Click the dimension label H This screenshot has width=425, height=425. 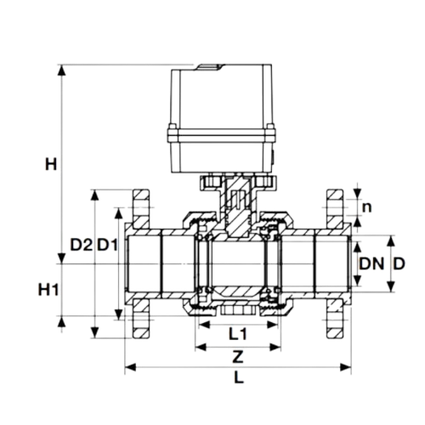tap(51, 164)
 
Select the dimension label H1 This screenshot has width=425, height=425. tap(48, 290)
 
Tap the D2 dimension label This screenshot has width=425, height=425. tap(82, 245)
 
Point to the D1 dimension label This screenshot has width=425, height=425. tap(107, 245)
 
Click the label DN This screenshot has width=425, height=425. tap(371, 263)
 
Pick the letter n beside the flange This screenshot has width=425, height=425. tap(366, 207)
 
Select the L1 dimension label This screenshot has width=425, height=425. tap(238, 334)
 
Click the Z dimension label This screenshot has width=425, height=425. tap(238, 356)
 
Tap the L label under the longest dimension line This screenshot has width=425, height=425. tap(239, 377)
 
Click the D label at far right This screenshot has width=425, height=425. tap(399, 263)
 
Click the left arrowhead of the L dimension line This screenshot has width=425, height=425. tap(130, 367)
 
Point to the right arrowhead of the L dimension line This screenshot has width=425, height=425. tap(346, 367)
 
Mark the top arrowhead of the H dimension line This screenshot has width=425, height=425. tap(61, 71)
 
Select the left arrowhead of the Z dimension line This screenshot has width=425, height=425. tap(201, 347)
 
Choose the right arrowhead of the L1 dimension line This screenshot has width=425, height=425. tap(272, 325)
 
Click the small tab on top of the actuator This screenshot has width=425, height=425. tap(209, 67)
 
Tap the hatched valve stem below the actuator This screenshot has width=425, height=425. tap(237, 207)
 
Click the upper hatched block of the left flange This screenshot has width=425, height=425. tap(141, 208)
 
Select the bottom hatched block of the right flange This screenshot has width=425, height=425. tap(336, 319)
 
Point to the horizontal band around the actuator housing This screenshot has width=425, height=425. tap(221, 135)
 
